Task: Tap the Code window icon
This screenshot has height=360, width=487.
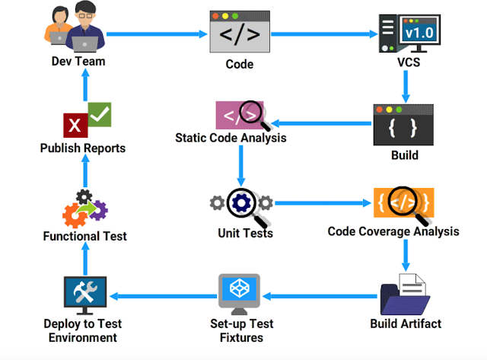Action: (240, 34)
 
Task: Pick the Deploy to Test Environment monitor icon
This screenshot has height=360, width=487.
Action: (85, 294)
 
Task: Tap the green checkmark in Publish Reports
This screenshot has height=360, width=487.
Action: (100, 114)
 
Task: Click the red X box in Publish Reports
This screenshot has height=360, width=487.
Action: (75, 124)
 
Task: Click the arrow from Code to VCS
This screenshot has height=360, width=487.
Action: (324, 34)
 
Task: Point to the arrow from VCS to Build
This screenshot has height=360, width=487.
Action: (406, 86)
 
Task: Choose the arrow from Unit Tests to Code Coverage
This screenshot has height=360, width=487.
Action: (323, 204)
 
